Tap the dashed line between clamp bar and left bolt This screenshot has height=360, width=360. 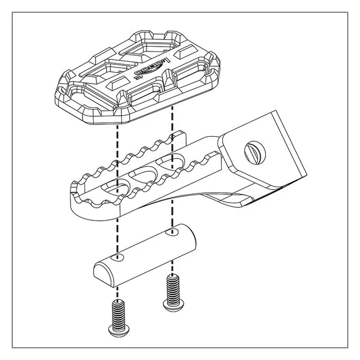pos(119,285)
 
